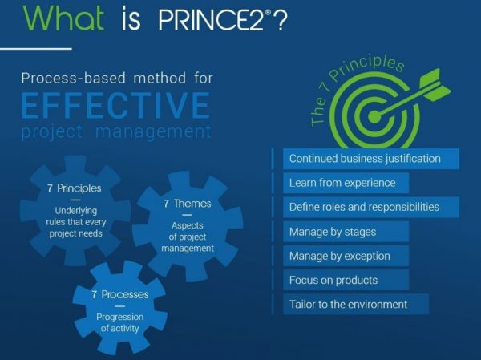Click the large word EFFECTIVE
pyautogui.click(x=115, y=105)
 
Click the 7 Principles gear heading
pyautogui.click(x=74, y=188)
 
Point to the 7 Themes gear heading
pyautogui.click(x=188, y=204)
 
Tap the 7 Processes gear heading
pyautogui.click(x=120, y=294)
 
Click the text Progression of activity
pyautogui.click(x=120, y=322)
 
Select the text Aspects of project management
pyautogui.click(x=188, y=237)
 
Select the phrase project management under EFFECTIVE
pyautogui.click(x=115, y=131)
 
